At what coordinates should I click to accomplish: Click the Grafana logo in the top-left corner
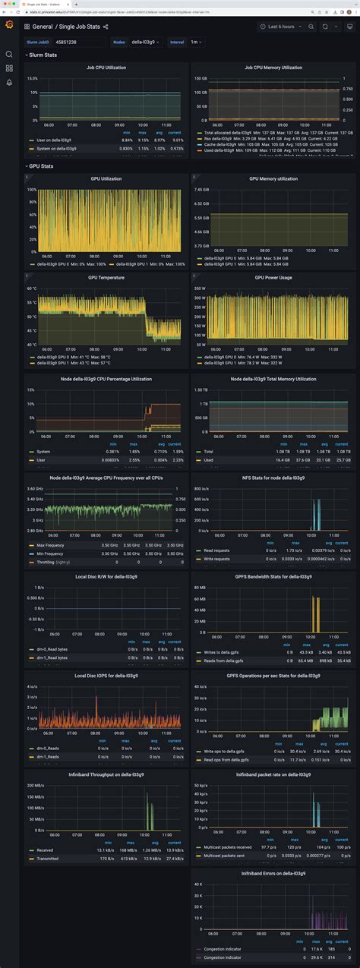pyautogui.click(x=9, y=26)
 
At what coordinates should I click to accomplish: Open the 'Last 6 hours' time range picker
pyautogui.click(x=282, y=26)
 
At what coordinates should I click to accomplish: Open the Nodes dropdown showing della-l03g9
pyautogui.click(x=145, y=43)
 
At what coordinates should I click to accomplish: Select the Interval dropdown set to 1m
pyautogui.click(x=195, y=43)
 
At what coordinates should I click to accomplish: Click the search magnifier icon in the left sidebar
pyautogui.click(x=9, y=54)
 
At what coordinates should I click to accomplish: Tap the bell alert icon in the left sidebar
pyautogui.click(x=9, y=82)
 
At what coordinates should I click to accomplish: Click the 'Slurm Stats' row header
pyautogui.click(x=43, y=55)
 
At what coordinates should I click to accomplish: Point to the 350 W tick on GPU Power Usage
pyautogui.click(x=200, y=289)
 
